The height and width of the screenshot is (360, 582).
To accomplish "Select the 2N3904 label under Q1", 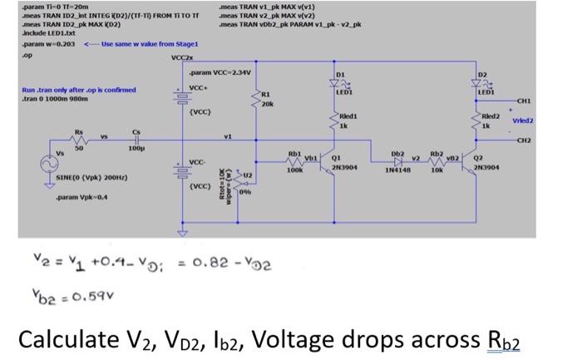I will tap(345, 168).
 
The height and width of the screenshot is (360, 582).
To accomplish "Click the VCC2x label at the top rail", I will tap(181, 58).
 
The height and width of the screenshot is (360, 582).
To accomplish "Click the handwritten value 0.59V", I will tap(71, 295).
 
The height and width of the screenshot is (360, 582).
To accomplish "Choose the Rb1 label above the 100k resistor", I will tap(293, 153).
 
